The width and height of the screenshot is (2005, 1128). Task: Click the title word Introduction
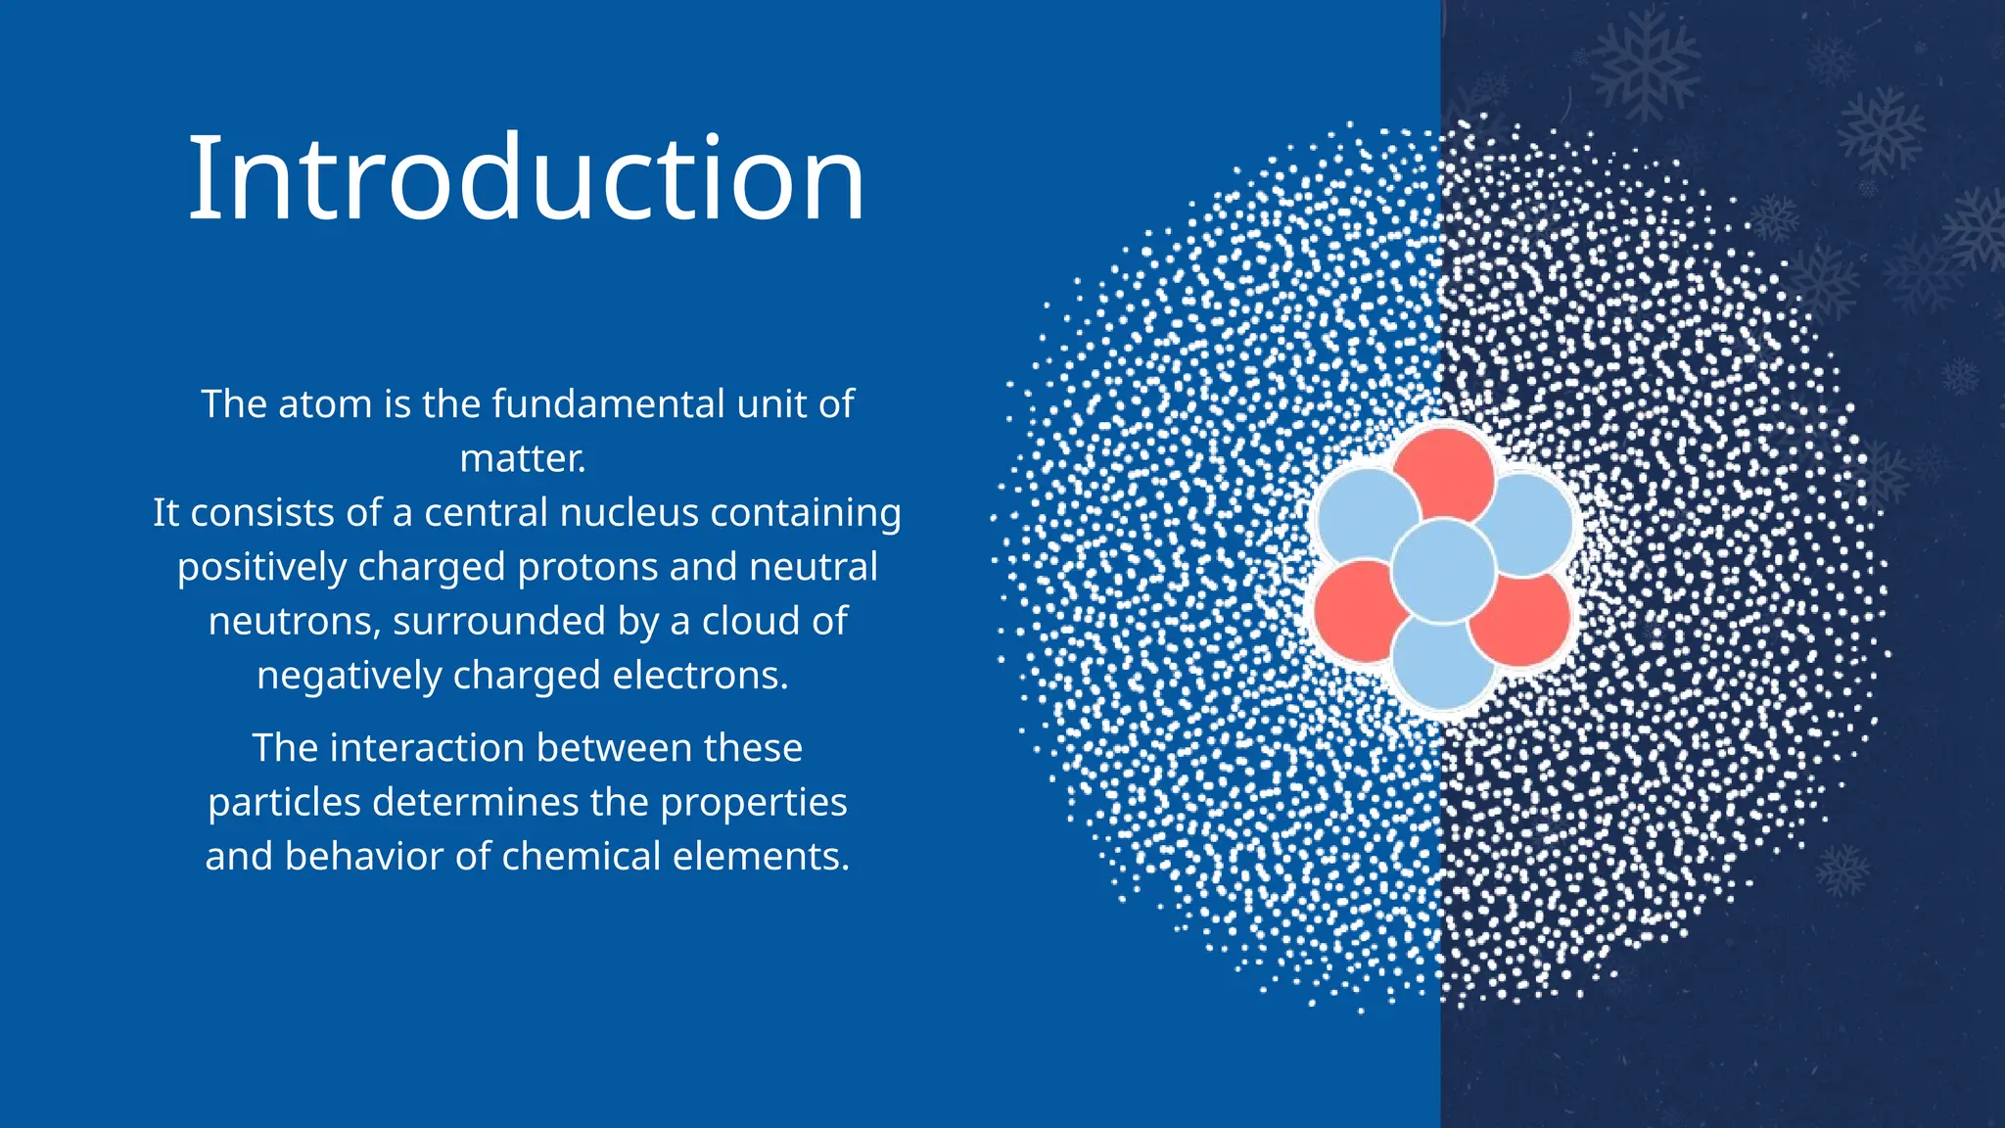click(526, 178)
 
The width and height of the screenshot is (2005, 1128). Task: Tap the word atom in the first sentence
click(324, 404)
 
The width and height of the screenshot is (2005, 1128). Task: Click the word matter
click(521, 459)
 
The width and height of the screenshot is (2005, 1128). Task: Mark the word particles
click(285, 803)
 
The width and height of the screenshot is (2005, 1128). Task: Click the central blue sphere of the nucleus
click(1443, 571)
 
